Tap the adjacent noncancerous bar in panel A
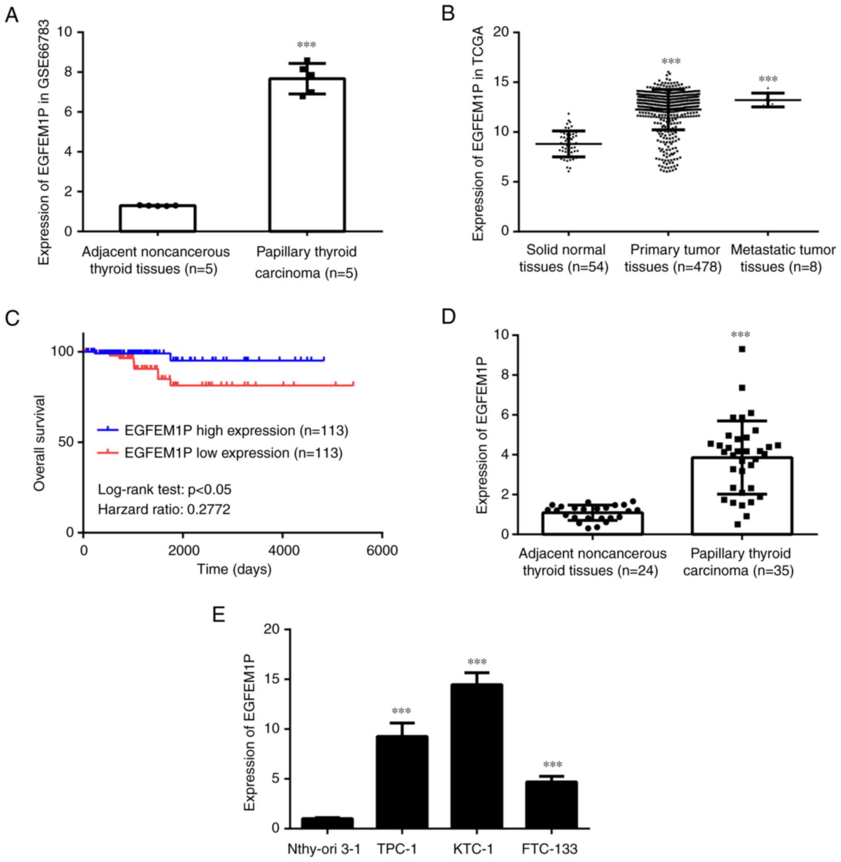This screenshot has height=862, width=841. coord(158,218)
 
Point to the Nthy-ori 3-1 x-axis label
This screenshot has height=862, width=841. coord(324,848)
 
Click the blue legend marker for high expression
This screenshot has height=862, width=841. coord(108,429)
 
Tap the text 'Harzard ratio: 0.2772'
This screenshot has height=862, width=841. coord(164,509)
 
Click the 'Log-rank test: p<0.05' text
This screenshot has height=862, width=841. coord(164,490)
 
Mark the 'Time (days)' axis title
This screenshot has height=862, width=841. coord(234,569)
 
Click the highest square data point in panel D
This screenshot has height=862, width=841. coord(742,349)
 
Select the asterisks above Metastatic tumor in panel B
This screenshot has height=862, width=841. coord(768,79)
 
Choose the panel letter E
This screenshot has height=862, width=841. coord(219,614)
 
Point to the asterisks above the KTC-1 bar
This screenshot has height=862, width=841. coord(477,662)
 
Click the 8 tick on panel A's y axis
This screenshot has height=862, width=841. coord(68,72)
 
